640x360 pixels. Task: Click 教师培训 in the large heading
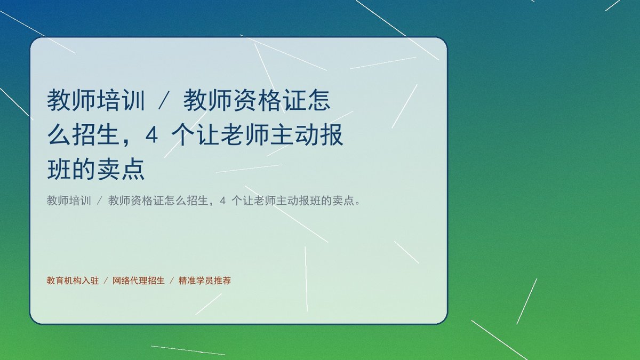tap(96, 100)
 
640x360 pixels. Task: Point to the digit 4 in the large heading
tap(151, 135)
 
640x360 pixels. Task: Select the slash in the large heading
tap(164, 100)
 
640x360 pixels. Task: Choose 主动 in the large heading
tap(294, 135)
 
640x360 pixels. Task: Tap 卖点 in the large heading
tap(121, 170)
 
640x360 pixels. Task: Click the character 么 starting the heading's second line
tap(59, 135)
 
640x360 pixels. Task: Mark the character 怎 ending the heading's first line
tap(318, 100)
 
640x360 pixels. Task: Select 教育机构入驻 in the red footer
tap(73, 281)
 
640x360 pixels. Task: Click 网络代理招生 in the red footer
tap(139, 281)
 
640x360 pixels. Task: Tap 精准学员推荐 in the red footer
tap(205, 281)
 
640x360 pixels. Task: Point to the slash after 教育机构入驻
tap(106, 281)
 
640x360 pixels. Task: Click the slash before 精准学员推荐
tap(172, 281)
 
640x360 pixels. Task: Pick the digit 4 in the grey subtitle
tap(223, 201)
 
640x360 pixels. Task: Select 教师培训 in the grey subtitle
tap(69, 201)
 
